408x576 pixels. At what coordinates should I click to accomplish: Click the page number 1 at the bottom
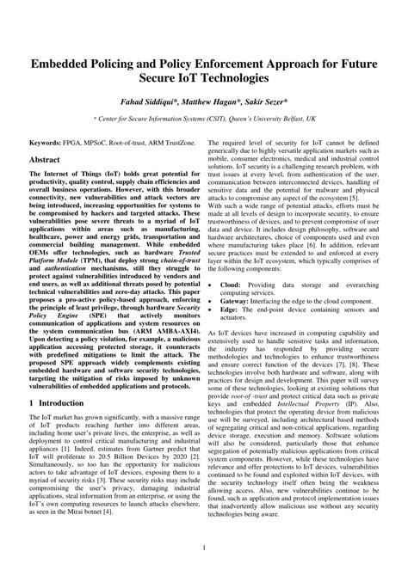pos(204,548)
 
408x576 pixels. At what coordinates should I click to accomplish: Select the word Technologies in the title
pos(232,78)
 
